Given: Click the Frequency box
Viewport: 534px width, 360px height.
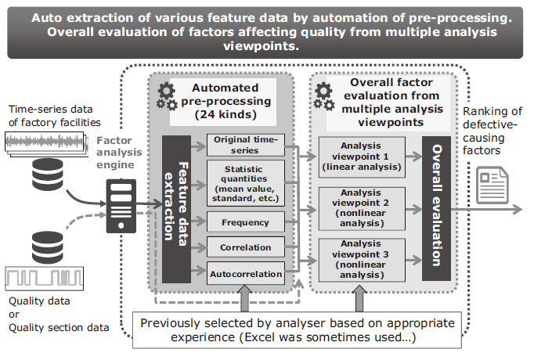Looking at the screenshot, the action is click(x=246, y=222).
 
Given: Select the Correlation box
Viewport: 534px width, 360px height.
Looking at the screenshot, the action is click(x=246, y=247).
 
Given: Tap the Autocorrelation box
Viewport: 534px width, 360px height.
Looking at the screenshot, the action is click(x=246, y=273).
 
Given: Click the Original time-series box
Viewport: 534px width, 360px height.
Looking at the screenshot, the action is click(x=246, y=145).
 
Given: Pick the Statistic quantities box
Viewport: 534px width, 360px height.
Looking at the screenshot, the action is click(x=246, y=183).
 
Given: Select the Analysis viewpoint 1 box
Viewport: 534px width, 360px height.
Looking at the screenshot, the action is click(x=362, y=157).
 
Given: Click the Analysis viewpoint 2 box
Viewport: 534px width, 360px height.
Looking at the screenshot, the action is click(x=362, y=209).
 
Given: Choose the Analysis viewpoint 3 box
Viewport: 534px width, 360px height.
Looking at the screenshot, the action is click(x=362, y=260).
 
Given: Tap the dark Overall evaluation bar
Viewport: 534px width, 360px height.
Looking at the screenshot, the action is click(x=436, y=209).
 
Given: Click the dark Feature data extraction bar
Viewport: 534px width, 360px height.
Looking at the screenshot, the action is click(x=176, y=209).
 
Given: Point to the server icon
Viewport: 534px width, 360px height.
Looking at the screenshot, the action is click(x=121, y=206).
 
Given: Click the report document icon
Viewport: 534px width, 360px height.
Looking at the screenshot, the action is click(x=493, y=185).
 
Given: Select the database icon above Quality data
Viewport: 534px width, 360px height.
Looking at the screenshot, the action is click(x=48, y=247).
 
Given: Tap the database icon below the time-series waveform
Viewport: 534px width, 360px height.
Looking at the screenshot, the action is click(x=48, y=175).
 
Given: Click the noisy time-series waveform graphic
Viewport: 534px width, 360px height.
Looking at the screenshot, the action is click(x=45, y=144).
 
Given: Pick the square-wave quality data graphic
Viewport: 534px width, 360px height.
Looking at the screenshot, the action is click(x=45, y=279).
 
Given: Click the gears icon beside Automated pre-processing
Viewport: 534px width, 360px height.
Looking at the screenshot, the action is click(x=167, y=97).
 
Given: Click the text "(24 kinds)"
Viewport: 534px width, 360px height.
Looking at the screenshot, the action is click(x=226, y=114).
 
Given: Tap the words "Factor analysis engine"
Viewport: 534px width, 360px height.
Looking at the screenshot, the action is click(x=119, y=153).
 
